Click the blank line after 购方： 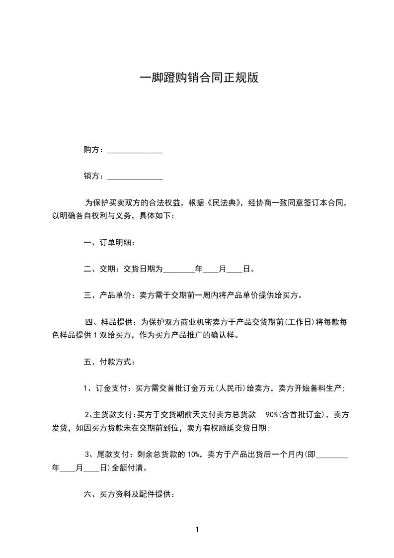(x=135, y=151)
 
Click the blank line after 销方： (x=135, y=177)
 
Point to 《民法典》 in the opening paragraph (x=222, y=203)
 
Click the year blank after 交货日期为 (x=179, y=270)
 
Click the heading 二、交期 (x=99, y=269)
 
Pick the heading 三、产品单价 (x=107, y=295)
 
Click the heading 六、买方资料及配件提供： (x=128, y=494)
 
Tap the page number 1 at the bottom (x=197, y=530)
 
